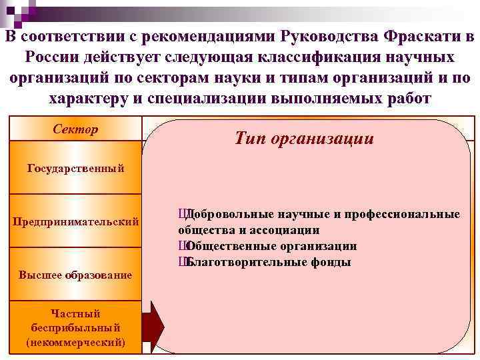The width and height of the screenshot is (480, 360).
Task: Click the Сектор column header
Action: (75, 129)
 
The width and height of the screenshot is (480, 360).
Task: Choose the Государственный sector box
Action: (75, 167)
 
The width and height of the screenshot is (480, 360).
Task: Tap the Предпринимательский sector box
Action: (75, 221)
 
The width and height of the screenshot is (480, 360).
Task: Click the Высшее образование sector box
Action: (75, 275)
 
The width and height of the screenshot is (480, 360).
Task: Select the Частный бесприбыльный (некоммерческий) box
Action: (75, 327)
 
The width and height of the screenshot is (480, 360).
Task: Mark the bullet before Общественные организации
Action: (181, 246)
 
